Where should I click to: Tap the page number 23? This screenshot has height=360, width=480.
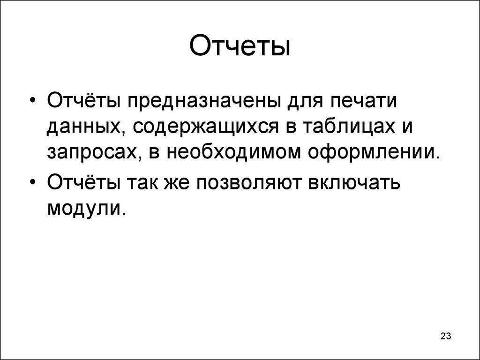(445, 336)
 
